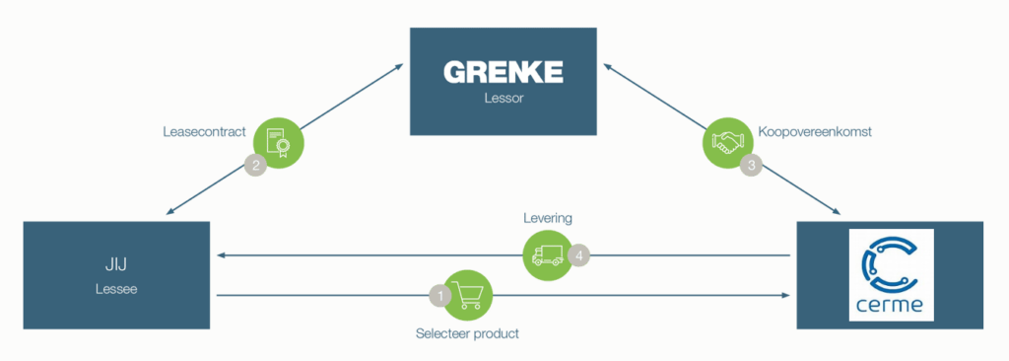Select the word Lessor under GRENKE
tap(504, 99)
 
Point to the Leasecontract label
tap(204, 131)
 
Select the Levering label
tap(547, 217)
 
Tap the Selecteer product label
tap(467, 333)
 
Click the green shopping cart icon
tap(468, 294)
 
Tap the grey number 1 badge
tap(439, 294)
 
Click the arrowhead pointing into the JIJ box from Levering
tap(223, 255)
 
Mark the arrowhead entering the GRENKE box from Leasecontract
tap(399, 66)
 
